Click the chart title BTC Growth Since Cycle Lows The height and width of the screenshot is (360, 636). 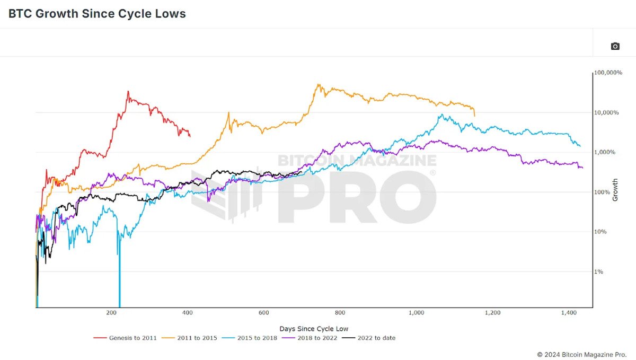[x=97, y=14]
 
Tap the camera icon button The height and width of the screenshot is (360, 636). [x=615, y=46]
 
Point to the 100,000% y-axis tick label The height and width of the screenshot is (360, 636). [x=608, y=72]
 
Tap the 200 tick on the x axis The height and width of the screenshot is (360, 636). [x=111, y=313]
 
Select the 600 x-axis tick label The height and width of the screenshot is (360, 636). [x=264, y=313]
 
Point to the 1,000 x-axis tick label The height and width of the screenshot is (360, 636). [x=416, y=313]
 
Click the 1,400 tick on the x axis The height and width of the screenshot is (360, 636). [x=569, y=313]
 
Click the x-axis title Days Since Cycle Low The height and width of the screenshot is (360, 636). [x=314, y=329]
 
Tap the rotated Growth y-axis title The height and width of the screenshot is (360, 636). [x=615, y=190]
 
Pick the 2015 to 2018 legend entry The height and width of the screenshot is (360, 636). [x=253, y=338]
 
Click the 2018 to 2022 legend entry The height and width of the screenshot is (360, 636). [x=314, y=338]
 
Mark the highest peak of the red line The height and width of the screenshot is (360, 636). [x=128, y=91]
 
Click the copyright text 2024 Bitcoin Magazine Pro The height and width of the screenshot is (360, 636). [x=581, y=354]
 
